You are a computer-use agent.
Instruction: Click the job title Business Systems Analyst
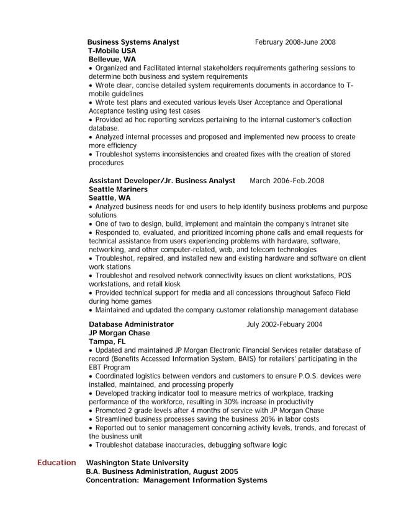133,42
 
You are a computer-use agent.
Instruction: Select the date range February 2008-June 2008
295,42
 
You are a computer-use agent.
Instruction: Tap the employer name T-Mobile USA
112,51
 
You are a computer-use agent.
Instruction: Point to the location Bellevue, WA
112,60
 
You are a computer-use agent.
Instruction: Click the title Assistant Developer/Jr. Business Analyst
162,181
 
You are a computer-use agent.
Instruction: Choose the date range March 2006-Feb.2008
287,181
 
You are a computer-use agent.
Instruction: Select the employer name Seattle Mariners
118,189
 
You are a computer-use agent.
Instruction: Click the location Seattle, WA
110,198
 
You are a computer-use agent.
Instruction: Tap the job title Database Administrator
131,324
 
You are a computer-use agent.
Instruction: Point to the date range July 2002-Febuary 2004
284,324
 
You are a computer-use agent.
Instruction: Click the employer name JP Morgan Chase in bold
119,333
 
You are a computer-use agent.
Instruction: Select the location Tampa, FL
107,342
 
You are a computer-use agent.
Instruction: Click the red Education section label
56,463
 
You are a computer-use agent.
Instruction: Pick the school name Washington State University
137,463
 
